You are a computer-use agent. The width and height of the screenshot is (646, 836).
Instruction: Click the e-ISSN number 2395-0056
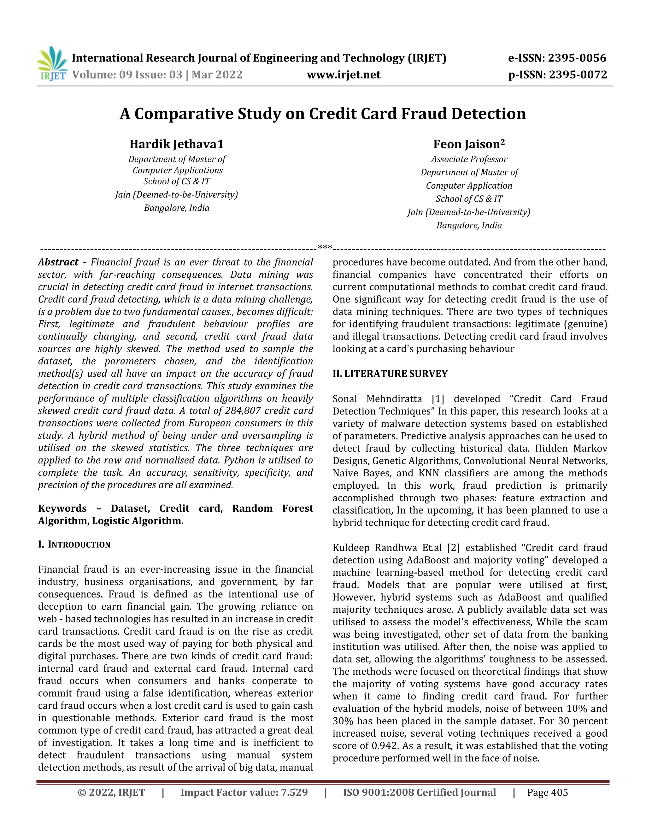coord(577,58)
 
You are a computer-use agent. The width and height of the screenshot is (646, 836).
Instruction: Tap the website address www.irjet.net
coord(344,75)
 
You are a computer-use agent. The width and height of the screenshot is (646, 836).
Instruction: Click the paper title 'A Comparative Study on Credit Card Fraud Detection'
coord(323,114)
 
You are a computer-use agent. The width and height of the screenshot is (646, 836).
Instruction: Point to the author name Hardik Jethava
coord(176,144)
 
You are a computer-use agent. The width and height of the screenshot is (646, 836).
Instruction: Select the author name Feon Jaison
coord(469,144)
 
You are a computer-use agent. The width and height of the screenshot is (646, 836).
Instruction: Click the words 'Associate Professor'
coord(469,159)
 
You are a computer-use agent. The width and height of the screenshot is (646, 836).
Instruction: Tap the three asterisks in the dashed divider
coord(325,248)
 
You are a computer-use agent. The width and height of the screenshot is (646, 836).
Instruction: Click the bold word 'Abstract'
coord(58,262)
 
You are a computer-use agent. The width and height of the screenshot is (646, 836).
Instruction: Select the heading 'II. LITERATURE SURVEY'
coord(390,374)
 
